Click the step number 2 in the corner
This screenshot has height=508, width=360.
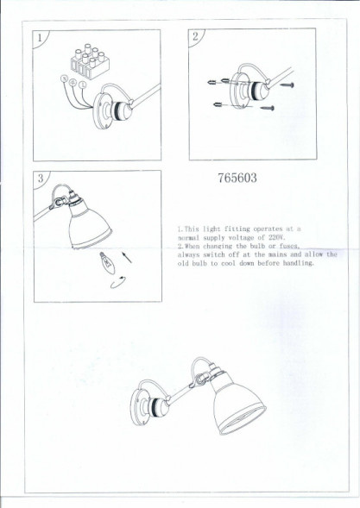click(196, 36)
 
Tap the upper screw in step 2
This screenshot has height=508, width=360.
click(284, 85)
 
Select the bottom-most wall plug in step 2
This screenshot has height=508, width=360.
click(220, 105)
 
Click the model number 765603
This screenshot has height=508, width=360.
click(234, 180)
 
